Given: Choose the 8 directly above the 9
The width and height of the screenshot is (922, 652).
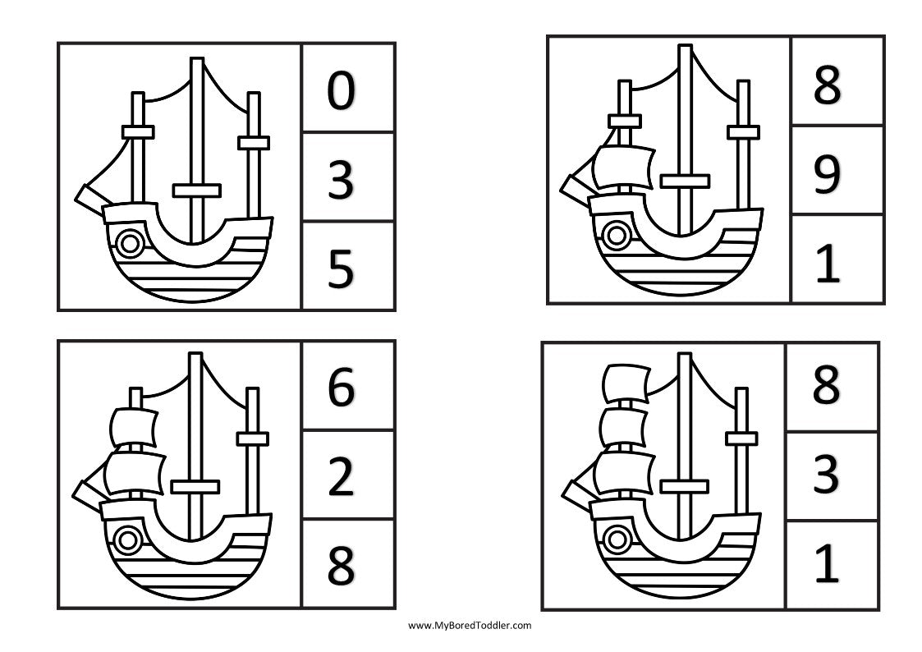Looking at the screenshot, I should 828,85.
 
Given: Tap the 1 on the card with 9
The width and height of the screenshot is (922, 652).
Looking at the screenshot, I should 828,264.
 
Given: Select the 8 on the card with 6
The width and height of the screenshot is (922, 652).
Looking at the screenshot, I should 341,566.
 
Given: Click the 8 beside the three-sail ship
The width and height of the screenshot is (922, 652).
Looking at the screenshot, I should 826,386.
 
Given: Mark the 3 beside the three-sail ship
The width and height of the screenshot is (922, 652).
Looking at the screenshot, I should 826,475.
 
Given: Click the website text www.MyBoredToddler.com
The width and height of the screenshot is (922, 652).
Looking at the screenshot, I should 470,625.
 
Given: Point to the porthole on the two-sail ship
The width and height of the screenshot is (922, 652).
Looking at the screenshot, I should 126,540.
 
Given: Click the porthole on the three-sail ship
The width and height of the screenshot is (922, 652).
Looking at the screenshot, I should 615,540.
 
